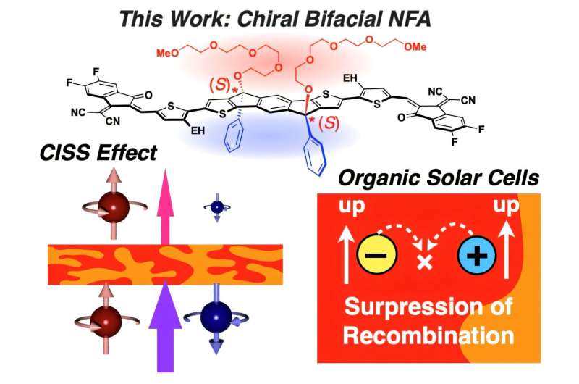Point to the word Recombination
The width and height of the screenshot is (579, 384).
[x=429, y=335]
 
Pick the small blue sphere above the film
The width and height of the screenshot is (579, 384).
[x=217, y=208]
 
